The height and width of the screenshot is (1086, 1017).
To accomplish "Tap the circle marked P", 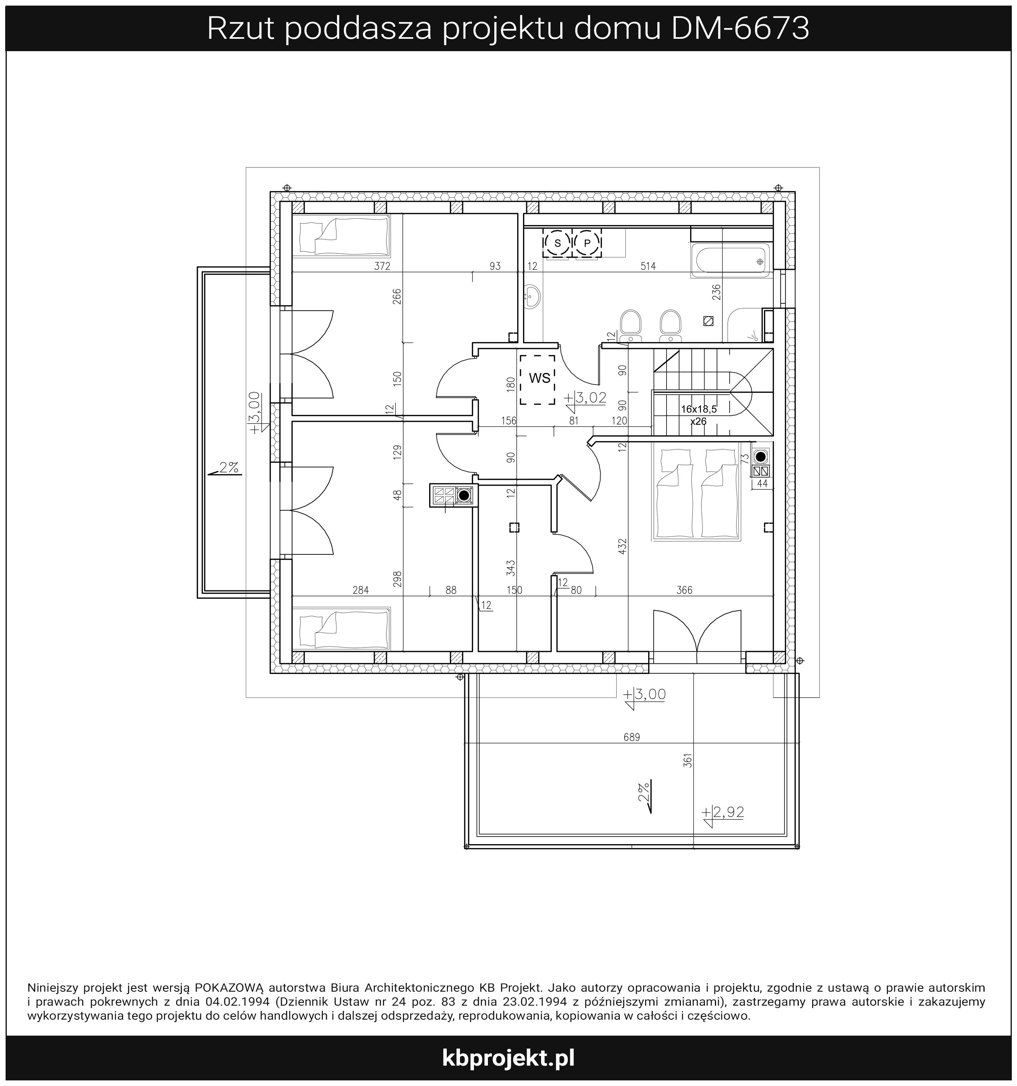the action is tap(587, 243).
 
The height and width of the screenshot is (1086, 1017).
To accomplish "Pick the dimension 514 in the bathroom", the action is tap(648, 266).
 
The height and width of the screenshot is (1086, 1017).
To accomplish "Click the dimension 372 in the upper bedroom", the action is tap(382, 266).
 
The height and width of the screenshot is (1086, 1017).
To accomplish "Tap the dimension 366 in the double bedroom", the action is tap(685, 590).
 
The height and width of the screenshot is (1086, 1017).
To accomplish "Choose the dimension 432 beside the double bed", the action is tap(623, 546).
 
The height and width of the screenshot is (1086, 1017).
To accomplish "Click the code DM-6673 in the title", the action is tap(740, 28).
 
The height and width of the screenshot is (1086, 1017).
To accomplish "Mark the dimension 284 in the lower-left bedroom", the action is tap(360, 590).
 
